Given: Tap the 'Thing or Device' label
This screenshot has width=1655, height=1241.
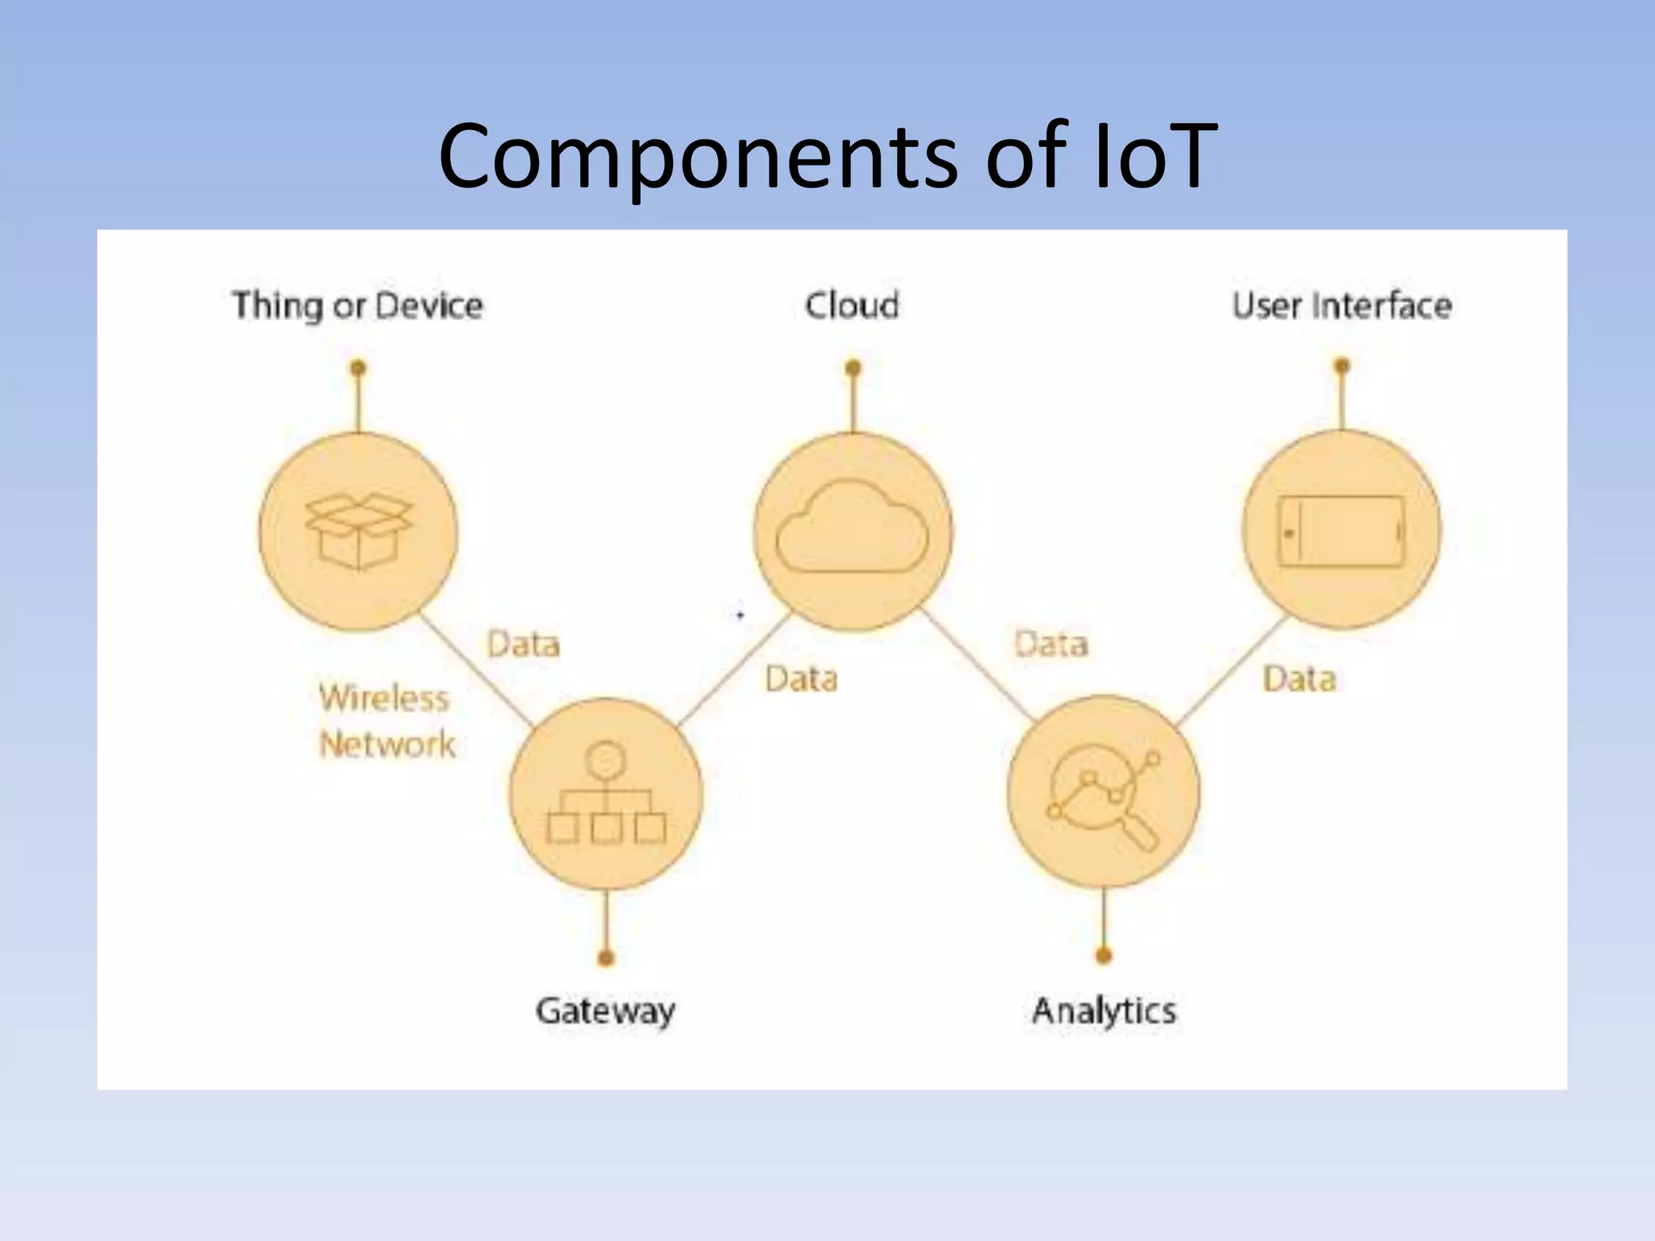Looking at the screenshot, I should click(x=357, y=306).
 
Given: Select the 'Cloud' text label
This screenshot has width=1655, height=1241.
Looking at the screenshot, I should click(x=852, y=305).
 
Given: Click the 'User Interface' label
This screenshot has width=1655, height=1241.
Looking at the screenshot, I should click(x=1341, y=305).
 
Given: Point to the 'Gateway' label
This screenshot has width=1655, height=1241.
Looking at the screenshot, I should click(x=605, y=1011).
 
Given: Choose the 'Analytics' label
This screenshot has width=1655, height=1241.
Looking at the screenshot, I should click(x=1104, y=1011).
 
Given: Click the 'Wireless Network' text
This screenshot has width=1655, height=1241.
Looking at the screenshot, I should click(x=386, y=721).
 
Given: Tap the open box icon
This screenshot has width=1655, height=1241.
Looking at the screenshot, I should click(x=359, y=531).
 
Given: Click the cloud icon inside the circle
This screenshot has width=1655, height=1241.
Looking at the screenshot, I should click(x=852, y=529).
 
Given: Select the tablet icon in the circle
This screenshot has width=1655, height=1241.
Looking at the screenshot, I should click(x=1341, y=531).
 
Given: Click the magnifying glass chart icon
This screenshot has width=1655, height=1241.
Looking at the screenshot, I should click(x=1104, y=795).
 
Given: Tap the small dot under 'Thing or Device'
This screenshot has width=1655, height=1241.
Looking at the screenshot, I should click(x=358, y=368).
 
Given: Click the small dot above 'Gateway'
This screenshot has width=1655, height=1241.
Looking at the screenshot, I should click(x=606, y=958).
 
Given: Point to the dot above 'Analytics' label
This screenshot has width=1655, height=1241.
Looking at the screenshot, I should click(x=1104, y=957).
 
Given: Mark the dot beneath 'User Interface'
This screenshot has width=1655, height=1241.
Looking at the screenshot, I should click(x=1341, y=367).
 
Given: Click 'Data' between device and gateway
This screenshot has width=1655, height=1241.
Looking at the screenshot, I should click(x=524, y=645).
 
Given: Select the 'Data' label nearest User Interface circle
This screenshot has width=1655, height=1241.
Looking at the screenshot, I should click(x=1299, y=679).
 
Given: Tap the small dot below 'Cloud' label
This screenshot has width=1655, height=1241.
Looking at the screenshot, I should click(x=853, y=368).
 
